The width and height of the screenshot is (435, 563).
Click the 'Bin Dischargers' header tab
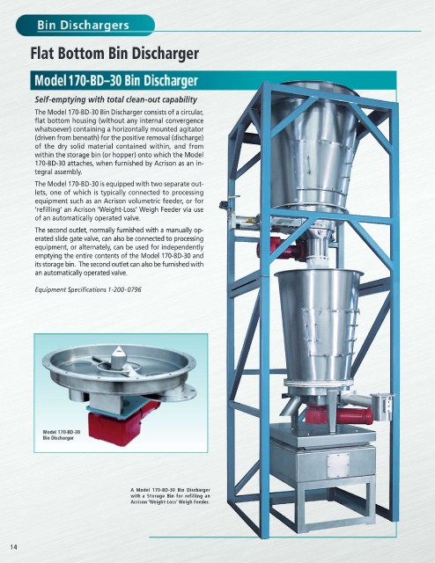pos(85,26)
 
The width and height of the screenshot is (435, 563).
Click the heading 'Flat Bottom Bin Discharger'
pos(114,53)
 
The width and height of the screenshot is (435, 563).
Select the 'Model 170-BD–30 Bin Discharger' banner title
pos(116,80)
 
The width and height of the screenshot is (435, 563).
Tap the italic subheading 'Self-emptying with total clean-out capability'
pos(115,99)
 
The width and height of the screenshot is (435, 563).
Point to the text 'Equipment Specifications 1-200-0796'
pos(88,289)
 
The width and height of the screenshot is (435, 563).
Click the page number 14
pos(14,547)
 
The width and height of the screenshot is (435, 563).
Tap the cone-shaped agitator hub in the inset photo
pos(118,357)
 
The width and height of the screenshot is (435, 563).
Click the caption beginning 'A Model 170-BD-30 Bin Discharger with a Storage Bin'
pos(170,495)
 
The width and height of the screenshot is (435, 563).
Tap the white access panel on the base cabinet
pos(337,465)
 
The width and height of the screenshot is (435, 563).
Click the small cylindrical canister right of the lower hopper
pos(381,406)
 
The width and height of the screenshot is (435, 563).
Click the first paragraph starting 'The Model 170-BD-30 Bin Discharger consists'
pos(119,142)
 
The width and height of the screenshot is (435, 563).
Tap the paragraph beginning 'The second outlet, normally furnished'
pos(119,252)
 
